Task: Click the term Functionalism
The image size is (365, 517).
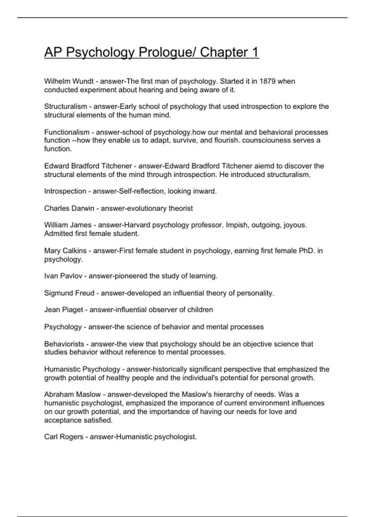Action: [x=67, y=132]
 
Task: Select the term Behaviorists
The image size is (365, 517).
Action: [x=64, y=344]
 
